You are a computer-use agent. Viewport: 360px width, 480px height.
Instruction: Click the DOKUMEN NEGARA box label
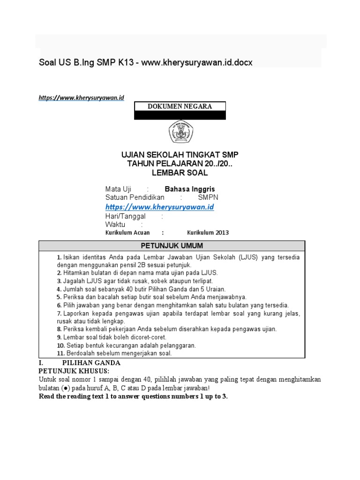[x=180, y=106]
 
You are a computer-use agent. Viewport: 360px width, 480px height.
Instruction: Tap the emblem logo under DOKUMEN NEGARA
[x=180, y=133]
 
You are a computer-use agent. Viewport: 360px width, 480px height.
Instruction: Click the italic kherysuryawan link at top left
[x=81, y=97]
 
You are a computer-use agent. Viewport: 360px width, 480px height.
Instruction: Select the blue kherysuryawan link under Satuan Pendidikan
[x=160, y=207]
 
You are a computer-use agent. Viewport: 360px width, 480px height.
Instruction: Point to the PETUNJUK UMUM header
[x=172, y=246]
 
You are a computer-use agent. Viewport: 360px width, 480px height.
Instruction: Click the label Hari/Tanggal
[x=125, y=217]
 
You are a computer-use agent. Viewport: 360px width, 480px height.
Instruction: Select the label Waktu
[x=115, y=225]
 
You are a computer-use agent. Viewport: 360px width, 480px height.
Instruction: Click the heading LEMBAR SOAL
[x=180, y=172]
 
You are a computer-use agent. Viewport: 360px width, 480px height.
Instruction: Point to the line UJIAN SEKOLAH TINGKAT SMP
[x=180, y=155]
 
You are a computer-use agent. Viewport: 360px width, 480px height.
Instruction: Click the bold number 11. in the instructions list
[x=60, y=353]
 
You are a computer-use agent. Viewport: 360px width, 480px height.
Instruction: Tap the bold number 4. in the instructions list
[x=59, y=289]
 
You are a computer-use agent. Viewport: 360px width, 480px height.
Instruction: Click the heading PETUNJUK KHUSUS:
[x=74, y=371]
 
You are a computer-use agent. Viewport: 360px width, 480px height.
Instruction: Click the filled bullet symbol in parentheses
[x=64, y=388]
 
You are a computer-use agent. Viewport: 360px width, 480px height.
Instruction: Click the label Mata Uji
[x=118, y=189]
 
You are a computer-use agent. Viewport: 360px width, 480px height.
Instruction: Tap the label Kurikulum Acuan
[x=127, y=232]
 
